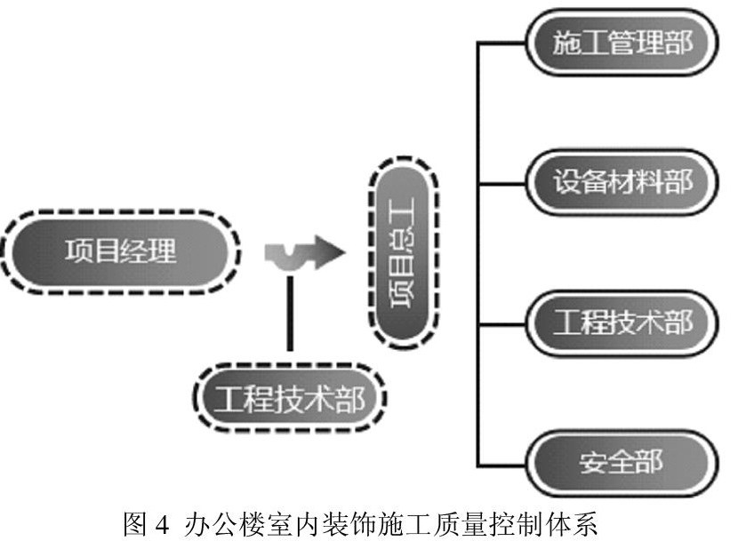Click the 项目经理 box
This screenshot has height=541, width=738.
(x=121, y=251)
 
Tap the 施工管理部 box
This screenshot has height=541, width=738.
(x=622, y=42)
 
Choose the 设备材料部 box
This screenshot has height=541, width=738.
(x=622, y=182)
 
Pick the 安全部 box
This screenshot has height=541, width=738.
(x=622, y=464)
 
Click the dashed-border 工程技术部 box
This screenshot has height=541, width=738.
(x=290, y=398)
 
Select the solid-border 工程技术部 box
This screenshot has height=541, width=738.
(x=622, y=322)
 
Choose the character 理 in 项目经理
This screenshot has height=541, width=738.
(x=164, y=251)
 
